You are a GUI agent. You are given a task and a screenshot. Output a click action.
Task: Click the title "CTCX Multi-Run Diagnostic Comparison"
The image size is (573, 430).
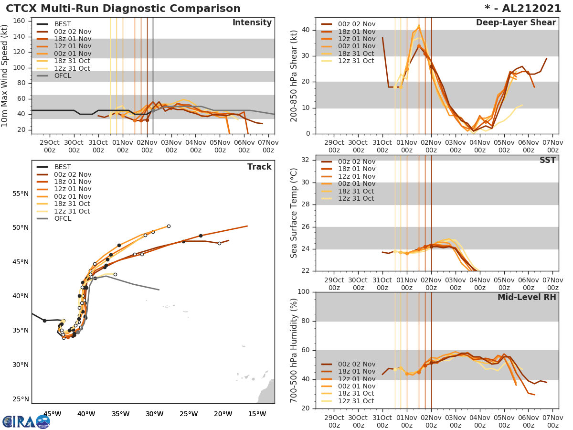123,9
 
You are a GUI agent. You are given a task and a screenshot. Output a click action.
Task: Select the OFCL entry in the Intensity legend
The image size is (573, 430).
63,75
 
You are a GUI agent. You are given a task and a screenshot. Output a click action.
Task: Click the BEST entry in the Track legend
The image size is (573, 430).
63,167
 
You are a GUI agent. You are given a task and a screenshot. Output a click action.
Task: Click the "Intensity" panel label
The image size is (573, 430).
252,23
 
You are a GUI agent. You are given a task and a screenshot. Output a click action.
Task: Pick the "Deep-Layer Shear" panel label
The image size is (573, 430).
516,23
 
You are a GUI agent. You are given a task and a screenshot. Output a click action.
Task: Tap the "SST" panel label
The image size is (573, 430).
548,160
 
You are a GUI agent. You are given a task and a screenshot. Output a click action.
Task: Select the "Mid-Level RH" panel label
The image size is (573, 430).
527,297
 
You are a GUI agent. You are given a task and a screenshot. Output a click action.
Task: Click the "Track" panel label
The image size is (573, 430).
259,167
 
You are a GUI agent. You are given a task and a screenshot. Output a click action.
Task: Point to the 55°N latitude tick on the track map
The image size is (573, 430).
20,193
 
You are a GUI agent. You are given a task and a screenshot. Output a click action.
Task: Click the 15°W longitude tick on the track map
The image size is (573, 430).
257,414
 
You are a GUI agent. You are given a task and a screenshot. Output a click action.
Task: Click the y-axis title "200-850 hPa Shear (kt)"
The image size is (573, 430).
294,75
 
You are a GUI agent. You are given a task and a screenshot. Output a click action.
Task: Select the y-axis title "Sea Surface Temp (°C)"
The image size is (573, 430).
294,213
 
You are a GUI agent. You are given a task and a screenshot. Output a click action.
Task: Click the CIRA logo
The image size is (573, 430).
26,421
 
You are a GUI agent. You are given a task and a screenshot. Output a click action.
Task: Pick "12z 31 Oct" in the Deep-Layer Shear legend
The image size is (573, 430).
356,61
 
